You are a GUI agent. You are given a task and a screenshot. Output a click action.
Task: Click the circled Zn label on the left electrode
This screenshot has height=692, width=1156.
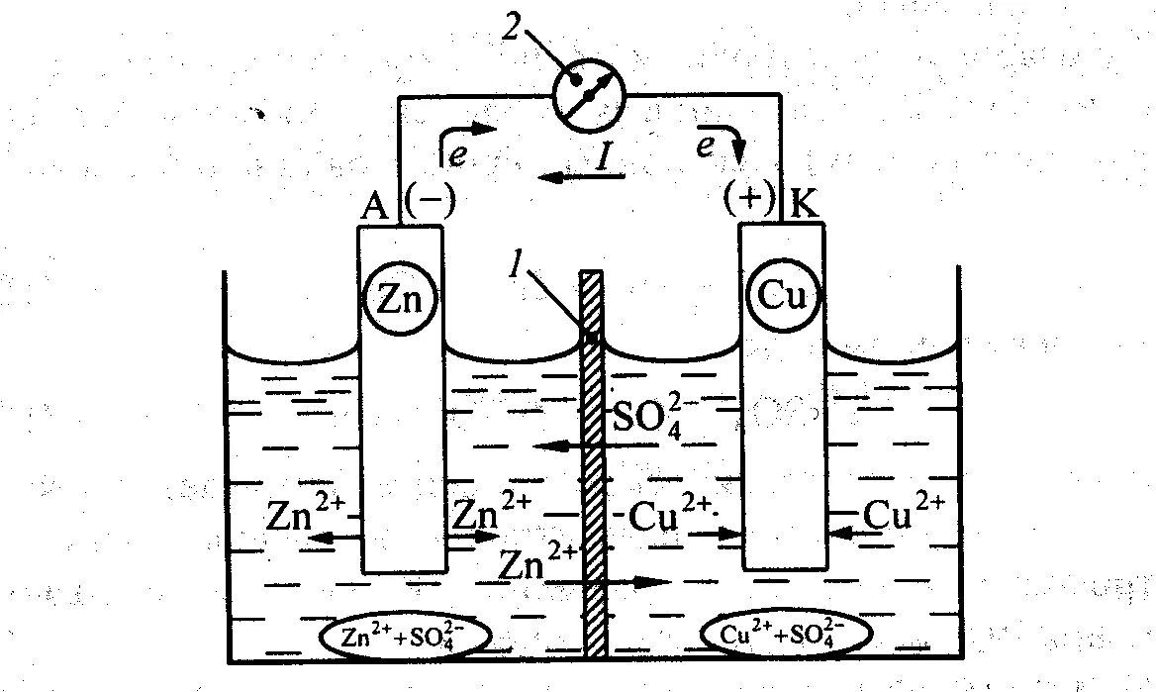[400, 298]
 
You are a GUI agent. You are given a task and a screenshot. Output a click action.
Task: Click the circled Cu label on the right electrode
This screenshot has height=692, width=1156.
[782, 296]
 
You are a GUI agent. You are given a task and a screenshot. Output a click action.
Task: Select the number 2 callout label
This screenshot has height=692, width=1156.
[511, 27]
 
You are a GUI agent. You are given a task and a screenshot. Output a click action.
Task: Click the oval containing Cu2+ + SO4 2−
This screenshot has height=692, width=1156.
[784, 635]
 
